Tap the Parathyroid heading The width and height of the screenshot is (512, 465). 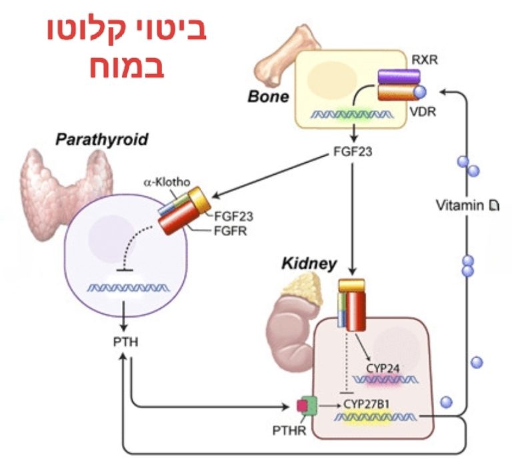[101, 141]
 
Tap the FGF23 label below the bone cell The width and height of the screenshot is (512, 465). [351, 151]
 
